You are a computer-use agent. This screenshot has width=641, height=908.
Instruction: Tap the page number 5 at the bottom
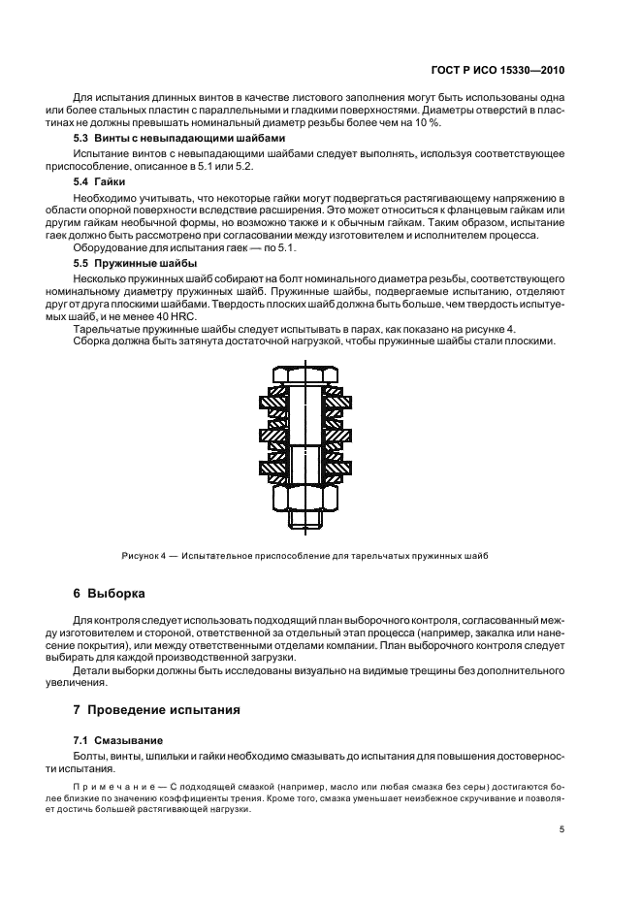pyautogui.click(x=562, y=829)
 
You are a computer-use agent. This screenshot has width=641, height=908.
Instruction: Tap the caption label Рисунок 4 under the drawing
pyautogui.click(x=145, y=556)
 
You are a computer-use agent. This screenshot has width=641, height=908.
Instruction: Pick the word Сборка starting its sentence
pyautogui.click(x=95, y=342)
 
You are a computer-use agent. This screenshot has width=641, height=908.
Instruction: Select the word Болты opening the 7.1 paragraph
pyautogui.click(x=92, y=755)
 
